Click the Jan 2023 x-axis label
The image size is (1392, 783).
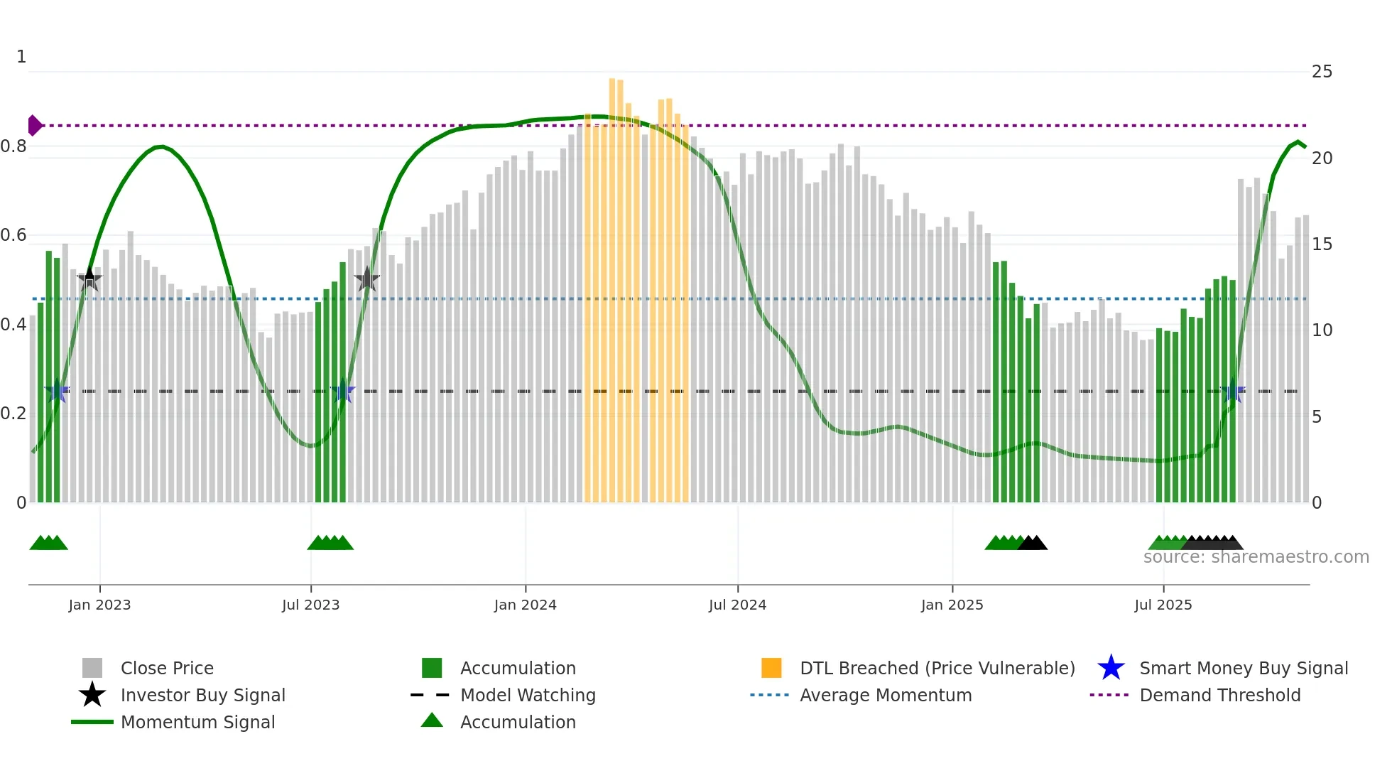coord(99,605)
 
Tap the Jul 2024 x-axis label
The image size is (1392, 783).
coord(737,605)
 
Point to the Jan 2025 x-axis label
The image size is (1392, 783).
coord(952,605)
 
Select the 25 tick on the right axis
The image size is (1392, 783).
coord(1322,72)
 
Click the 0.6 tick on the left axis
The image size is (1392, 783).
coord(13,235)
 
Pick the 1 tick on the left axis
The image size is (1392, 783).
coord(21,57)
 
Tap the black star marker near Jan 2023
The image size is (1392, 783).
coord(89,279)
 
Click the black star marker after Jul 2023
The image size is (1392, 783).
coord(366,279)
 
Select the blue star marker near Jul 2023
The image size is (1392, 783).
coord(342,391)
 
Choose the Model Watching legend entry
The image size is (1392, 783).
coord(527,695)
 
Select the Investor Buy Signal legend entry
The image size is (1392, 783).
coord(202,695)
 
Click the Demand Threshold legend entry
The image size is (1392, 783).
coord(1219,695)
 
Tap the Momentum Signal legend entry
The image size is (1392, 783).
coord(197,722)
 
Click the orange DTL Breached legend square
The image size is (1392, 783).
coord(771,668)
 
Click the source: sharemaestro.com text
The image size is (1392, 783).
coord(1256,557)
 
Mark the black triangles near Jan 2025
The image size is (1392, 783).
coord(1033,544)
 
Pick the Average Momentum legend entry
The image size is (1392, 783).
coord(885,695)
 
